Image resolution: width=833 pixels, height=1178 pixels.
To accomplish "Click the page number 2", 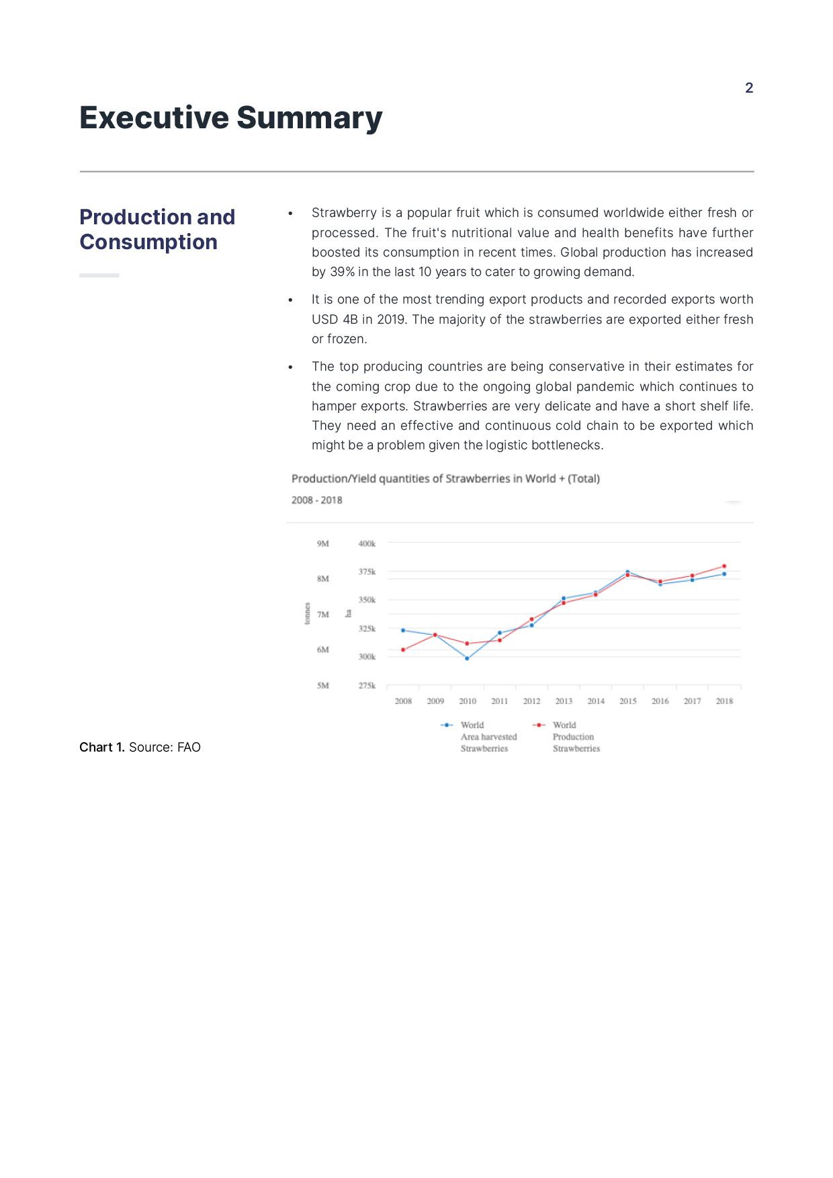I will pyautogui.click(x=749, y=88).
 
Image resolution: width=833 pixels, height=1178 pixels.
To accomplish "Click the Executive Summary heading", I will pyautogui.click(x=231, y=118).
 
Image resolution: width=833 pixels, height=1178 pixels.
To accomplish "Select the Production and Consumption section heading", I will pyautogui.click(x=157, y=229).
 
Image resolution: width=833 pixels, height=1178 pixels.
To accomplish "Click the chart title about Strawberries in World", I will pyautogui.click(x=445, y=478).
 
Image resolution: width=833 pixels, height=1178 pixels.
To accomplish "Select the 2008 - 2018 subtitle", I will pyautogui.click(x=317, y=500).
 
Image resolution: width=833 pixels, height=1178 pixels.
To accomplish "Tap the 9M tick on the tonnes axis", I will pyautogui.click(x=323, y=543).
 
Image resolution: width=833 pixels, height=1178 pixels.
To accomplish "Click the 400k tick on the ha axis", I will pyautogui.click(x=367, y=543).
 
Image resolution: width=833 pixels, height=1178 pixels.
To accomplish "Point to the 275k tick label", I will pyautogui.click(x=367, y=686).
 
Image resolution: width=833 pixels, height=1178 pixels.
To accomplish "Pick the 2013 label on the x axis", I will pyautogui.click(x=564, y=701).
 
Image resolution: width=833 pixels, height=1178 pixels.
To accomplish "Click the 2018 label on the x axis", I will pyautogui.click(x=724, y=701).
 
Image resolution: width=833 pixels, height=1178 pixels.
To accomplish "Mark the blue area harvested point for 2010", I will pyautogui.click(x=467, y=658).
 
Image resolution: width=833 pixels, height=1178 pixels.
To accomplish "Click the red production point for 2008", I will pyautogui.click(x=403, y=649).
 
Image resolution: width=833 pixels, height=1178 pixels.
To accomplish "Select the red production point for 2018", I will pyautogui.click(x=724, y=566).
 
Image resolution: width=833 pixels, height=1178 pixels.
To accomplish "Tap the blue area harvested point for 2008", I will pyautogui.click(x=403, y=630).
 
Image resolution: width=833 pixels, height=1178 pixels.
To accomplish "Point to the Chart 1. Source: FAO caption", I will pyautogui.click(x=140, y=747).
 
